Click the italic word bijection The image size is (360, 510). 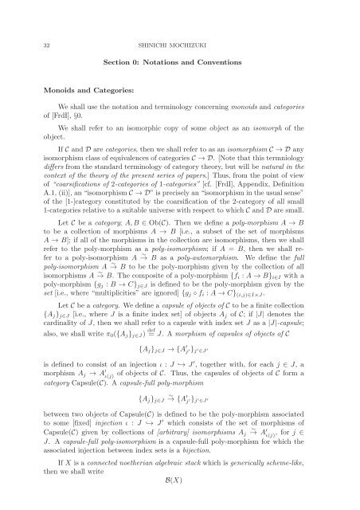point(218,474)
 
